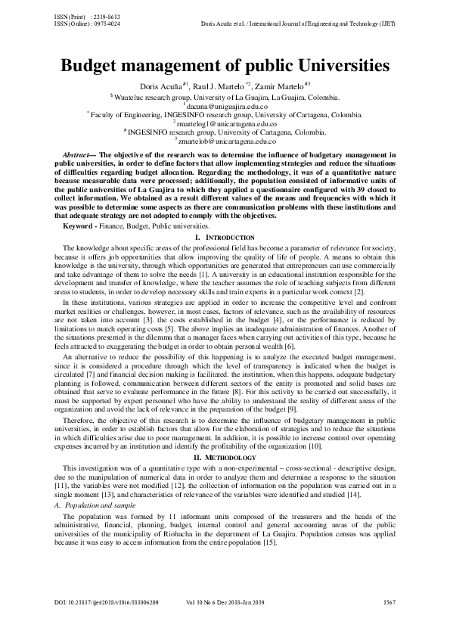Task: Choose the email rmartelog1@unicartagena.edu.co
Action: click(225, 123)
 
